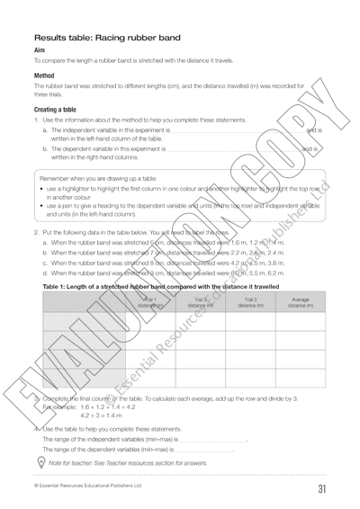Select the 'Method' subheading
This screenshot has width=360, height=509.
[43, 76]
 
